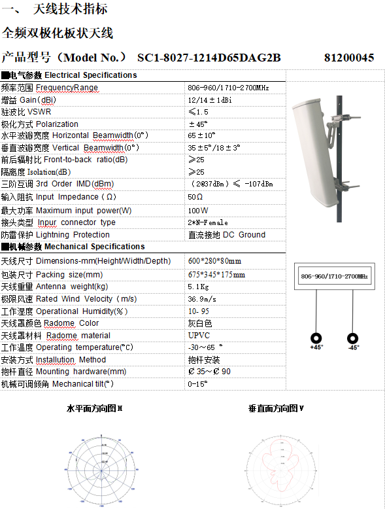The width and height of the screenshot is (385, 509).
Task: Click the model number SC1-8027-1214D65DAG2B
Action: pos(209,58)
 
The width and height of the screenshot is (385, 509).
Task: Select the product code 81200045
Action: pos(348,58)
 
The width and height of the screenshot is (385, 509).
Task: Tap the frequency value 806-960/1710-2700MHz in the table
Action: pos(228,88)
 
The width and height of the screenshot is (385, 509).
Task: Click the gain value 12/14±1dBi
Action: pos(210,100)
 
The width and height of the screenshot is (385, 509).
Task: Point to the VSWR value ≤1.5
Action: pos(199,112)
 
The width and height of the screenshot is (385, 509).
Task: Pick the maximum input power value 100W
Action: pos(198,211)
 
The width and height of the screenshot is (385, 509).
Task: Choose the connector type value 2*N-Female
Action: pos(208,222)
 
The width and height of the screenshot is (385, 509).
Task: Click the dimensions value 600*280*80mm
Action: pos(214,261)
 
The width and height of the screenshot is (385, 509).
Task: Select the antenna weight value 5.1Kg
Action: pos(198,286)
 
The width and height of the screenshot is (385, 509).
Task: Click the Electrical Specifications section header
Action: pos(69,75)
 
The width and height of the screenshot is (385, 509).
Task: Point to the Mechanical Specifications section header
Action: pos(73,247)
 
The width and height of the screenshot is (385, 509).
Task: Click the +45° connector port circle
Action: pos(317,338)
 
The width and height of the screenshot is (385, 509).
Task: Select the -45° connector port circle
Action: pos(353,338)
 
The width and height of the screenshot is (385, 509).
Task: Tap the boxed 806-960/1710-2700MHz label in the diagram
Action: pos(334,277)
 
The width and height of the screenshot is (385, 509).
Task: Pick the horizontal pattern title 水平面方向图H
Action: pos(95,408)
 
